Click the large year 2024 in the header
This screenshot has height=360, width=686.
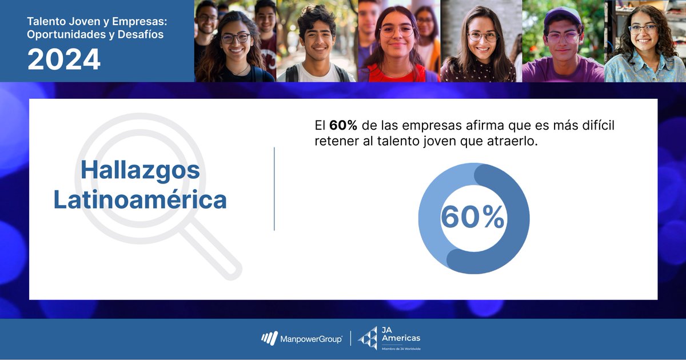[x=64, y=59]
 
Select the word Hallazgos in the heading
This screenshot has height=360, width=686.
[x=140, y=170]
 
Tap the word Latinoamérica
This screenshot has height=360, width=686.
[x=140, y=200]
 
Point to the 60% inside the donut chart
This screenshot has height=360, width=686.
[x=473, y=217]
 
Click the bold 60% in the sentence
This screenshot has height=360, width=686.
[x=343, y=125]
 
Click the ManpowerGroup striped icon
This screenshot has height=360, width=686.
[x=269, y=339]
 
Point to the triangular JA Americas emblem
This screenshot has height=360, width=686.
[x=368, y=338]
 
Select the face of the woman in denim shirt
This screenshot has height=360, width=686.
[x=643, y=34]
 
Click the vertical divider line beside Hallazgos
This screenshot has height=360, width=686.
[x=274, y=189]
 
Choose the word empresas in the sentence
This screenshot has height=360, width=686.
[x=422, y=125]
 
